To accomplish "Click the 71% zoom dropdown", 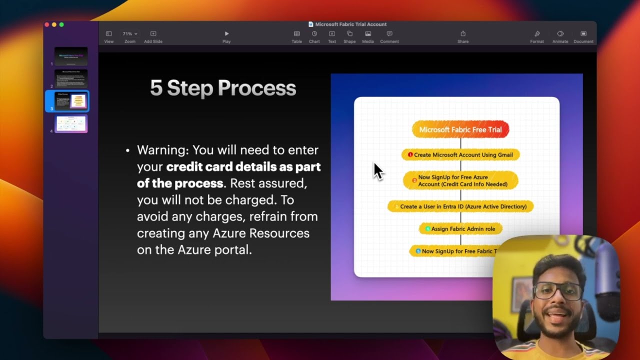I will tap(130, 34).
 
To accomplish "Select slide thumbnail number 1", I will tap(71, 56).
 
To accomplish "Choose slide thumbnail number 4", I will tap(71, 123).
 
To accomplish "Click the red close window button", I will tap(47, 24).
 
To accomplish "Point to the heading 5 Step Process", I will tap(223, 88).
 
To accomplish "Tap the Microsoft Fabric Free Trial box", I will tap(460, 129).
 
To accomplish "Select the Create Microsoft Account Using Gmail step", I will tap(460, 155).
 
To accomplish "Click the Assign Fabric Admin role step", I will tap(460, 229).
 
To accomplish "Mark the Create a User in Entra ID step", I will tap(460, 206).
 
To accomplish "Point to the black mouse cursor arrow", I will tap(377, 171).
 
